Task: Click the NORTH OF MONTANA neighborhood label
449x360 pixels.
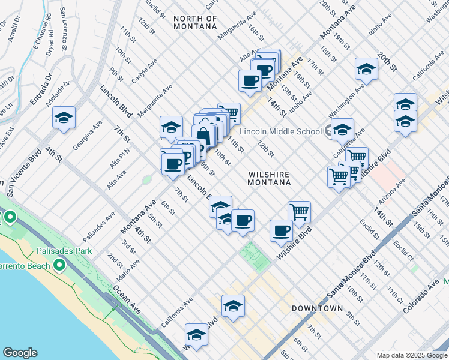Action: coord(195,22)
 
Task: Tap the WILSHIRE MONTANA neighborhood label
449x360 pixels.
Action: coord(270,178)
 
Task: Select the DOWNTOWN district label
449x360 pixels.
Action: coord(317,308)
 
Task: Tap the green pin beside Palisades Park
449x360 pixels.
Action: coord(59,265)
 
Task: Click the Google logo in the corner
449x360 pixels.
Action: coord(20,353)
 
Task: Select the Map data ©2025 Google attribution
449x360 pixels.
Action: coord(412,355)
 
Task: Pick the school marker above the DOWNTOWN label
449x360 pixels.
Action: coord(233,306)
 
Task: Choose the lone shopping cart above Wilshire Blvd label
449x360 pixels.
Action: coord(299,212)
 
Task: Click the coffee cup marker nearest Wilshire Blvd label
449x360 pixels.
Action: coord(281,230)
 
